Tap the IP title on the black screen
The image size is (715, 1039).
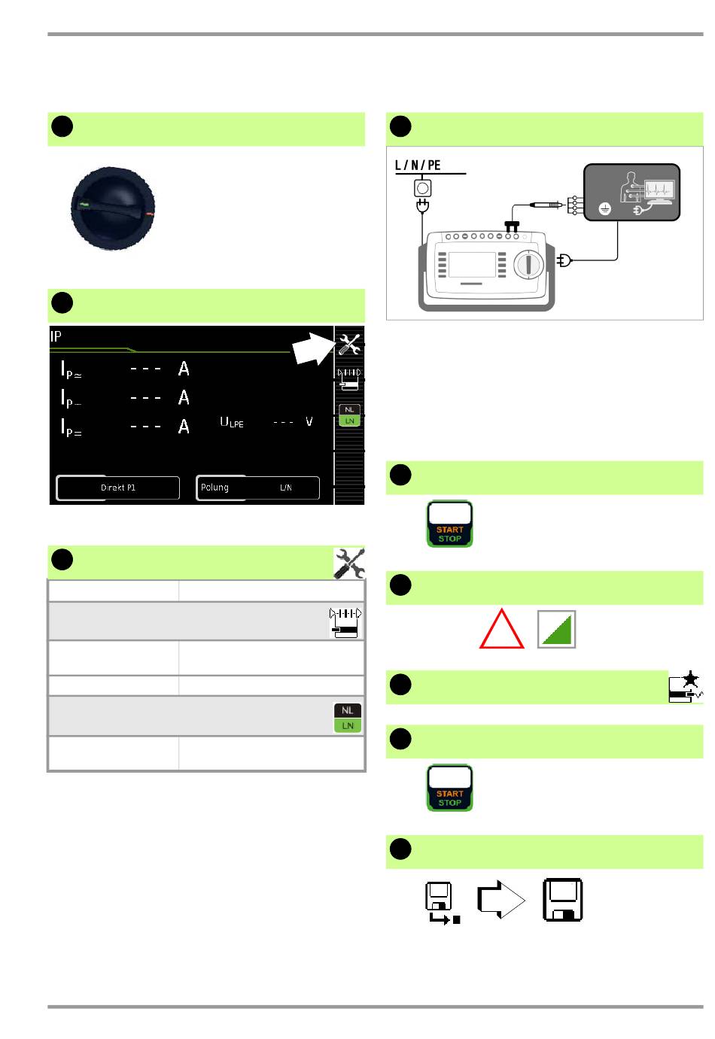(x=56, y=336)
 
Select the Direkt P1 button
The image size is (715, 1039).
(x=118, y=488)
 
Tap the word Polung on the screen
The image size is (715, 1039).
(x=214, y=488)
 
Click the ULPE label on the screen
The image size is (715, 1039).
(x=232, y=422)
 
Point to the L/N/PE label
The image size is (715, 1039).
(x=418, y=165)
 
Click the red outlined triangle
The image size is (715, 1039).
(x=502, y=629)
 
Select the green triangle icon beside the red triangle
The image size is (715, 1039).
(x=557, y=629)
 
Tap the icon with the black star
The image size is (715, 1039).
(x=685, y=688)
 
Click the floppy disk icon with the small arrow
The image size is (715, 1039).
(x=440, y=901)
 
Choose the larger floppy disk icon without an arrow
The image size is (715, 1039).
(x=563, y=899)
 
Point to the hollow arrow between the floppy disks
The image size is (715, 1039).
(x=500, y=899)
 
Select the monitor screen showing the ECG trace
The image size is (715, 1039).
(x=658, y=190)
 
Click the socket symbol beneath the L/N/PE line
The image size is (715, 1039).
(x=423, y=186)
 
